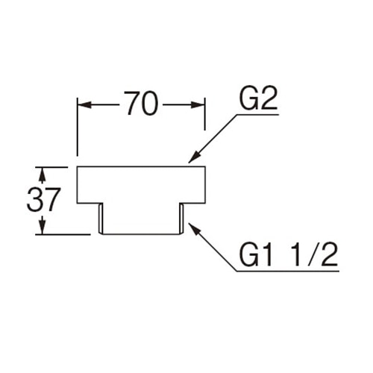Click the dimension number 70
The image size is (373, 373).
point(142,103)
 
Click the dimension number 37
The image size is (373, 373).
point(43,199)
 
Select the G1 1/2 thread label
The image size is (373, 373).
point(289,254)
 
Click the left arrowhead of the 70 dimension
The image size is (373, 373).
point(84,104)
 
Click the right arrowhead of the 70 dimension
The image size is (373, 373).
point(198,104)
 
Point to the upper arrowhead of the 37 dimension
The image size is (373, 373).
point(43,174)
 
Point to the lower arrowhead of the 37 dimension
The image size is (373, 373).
point(43,228)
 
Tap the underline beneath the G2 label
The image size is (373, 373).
point(258,114)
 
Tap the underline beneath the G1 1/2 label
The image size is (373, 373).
point(288,271)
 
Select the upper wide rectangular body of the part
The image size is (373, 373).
point(141,185)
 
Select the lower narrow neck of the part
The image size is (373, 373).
point(141,219)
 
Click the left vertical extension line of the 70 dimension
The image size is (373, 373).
point(78,127)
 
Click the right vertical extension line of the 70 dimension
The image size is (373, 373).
point(205,113)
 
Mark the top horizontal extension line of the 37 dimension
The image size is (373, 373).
point(51,167)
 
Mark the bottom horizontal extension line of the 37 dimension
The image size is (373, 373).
point(63,234)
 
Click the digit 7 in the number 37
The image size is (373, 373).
point(52,199)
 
